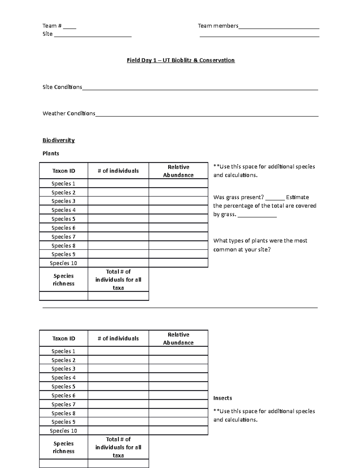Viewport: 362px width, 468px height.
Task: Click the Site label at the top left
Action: tap(48, 34)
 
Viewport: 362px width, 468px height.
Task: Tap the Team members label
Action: tap(218, 26)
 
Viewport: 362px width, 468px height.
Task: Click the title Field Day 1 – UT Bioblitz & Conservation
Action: tap(181, 60)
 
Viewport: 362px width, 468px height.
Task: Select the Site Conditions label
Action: tap(62, 87)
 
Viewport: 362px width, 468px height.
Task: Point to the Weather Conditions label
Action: tap(69, 114)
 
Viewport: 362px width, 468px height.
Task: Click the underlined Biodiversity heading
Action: tap(59, 140)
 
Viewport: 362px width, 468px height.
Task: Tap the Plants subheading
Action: tap(51, 153)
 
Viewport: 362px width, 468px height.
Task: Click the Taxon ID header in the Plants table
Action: tap(64, 171)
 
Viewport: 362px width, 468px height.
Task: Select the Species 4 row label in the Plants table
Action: tap(63, 210)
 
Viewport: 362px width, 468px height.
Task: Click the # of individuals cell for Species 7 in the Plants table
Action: tap(118, 237)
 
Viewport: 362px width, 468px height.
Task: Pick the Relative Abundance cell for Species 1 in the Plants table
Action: tap(178, 184)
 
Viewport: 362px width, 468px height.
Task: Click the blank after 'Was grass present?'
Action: tap(275, 198)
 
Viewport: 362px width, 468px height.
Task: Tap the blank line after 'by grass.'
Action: tap(257, 215)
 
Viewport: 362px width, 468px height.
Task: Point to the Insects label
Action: tap(223, 398)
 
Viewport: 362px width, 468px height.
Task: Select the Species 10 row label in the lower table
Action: tap(63, 431)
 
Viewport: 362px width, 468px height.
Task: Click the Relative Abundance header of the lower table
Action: tap(178, 338)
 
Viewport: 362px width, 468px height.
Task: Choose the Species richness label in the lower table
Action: tap(63, 447)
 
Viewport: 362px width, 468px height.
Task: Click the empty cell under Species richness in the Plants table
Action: tap(63, 296)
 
